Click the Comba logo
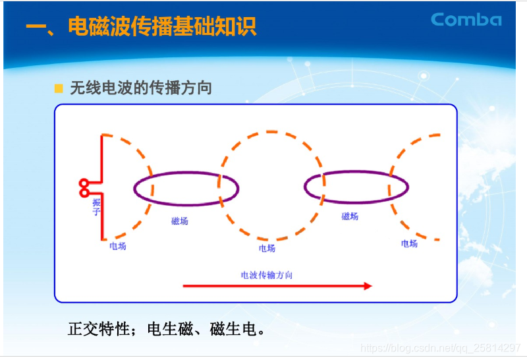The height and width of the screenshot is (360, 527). [466, 19]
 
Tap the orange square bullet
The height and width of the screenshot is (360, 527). [59, 88]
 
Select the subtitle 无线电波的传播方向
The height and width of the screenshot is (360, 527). [141, 88]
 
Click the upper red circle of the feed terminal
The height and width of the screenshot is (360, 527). [84, 183]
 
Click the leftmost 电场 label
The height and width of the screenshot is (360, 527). [117, 246]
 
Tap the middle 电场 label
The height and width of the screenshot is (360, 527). [267, 249]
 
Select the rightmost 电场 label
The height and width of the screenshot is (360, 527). [409, 243]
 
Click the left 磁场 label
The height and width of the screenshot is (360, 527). [179, 221]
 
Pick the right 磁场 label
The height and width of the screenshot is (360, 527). [350, 216]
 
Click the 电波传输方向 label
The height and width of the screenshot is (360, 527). [266, 274]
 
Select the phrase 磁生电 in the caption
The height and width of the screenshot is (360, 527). [236, 328]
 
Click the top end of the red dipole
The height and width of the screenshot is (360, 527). [102, 136]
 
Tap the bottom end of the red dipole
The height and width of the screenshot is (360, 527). [102, 239]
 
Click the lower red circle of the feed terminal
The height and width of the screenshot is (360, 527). [84, 192]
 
